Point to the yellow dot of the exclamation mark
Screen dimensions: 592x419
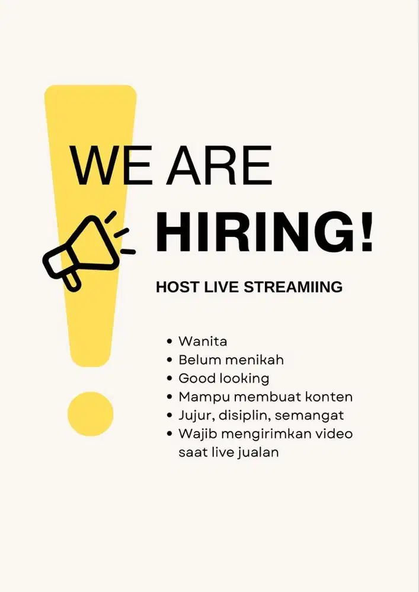tap(90, 413)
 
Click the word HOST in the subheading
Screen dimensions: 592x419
tap(177, 288)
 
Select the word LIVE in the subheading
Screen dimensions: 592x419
tap(220, 288)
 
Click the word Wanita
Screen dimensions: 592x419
tap(203, 342)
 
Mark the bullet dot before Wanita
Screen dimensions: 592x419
tap(170, 342)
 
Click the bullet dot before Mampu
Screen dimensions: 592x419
tap(170, 397)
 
